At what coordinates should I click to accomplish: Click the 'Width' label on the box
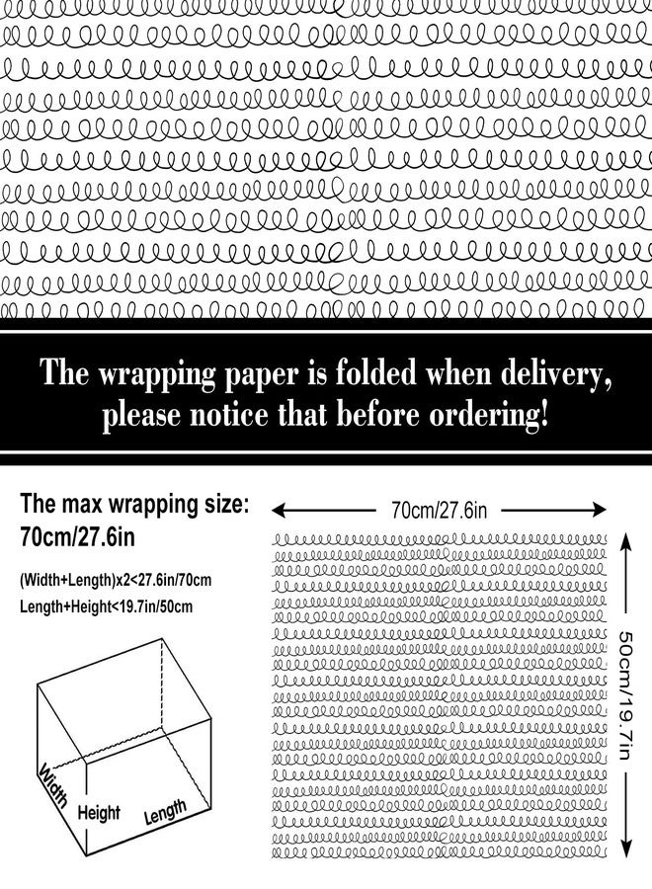pos(54,784)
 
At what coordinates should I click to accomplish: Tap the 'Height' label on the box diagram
pos(99,814)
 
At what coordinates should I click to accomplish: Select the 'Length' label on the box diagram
pos(165,812)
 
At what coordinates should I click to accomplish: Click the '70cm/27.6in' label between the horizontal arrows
pos(439,511)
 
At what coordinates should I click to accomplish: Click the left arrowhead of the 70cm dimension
pos(278,511)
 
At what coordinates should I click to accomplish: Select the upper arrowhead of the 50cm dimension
pos(624,539)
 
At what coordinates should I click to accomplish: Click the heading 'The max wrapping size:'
pos(134,504)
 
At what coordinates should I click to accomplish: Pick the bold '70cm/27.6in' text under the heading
pos(78,536)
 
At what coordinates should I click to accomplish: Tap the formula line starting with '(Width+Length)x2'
pos(116,581)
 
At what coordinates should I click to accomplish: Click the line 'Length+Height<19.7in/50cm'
pos(106,607)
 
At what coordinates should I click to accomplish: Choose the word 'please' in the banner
pos(141,417)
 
